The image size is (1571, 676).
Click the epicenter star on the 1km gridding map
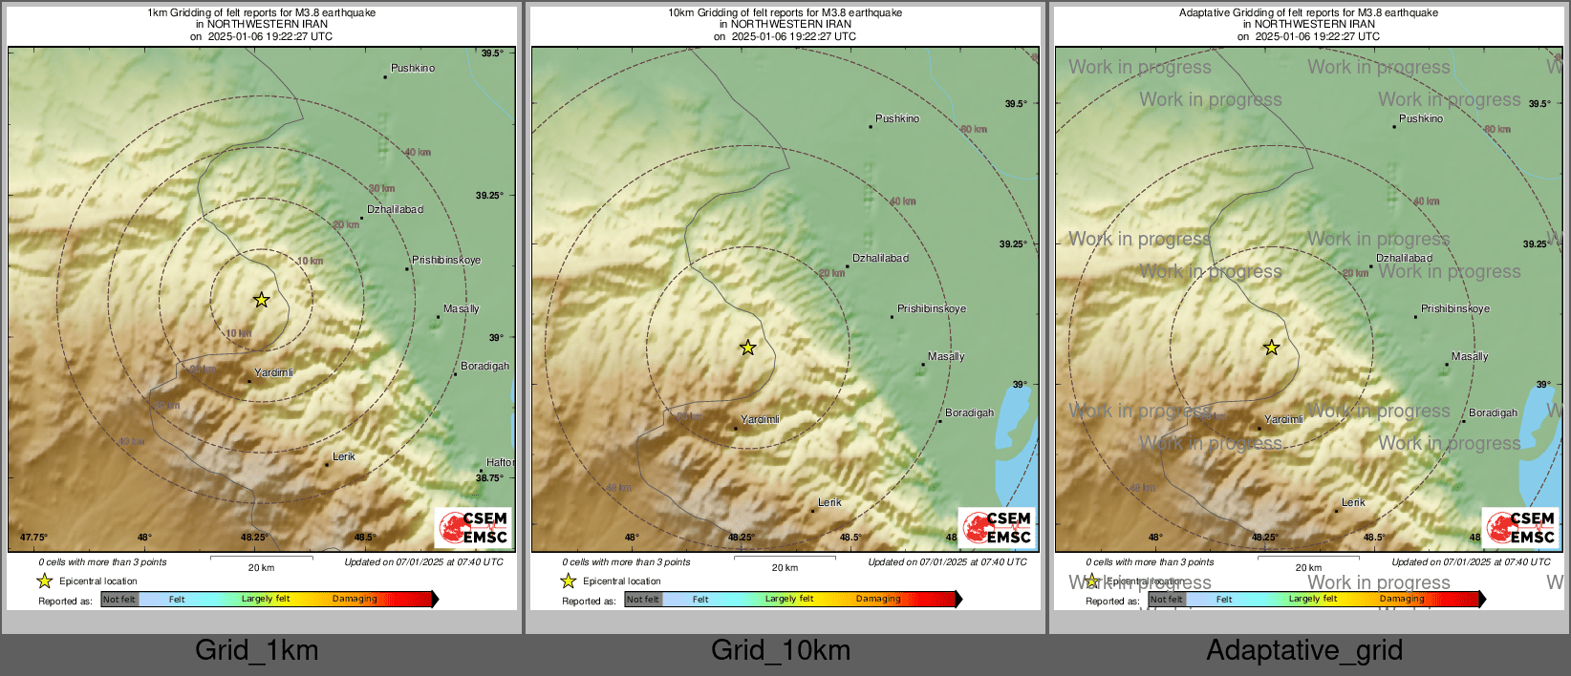(261, 300)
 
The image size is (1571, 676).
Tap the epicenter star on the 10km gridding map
(747, 348)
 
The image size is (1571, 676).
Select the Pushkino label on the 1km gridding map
(413, 69)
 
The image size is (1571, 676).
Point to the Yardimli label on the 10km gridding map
(761, 419)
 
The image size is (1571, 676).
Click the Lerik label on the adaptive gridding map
(1353, 502)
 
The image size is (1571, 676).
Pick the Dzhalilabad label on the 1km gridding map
(395, 209)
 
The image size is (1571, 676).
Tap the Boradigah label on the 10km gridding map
(969, 412)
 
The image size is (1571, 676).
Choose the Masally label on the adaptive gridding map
(1470, 356)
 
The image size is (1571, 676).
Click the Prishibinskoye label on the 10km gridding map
(931, 308)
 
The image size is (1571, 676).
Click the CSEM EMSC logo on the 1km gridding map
(474, 527)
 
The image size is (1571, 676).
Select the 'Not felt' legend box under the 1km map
(119, 600)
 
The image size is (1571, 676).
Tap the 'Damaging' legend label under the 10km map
(878, 599)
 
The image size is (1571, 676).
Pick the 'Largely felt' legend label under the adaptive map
(1312, 599)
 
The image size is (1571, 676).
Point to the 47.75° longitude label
(34, 538)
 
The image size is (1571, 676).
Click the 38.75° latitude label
(489, 477)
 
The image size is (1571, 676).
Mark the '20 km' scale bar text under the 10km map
(785, 568)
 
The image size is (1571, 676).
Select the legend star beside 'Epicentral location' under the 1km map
(44, 581)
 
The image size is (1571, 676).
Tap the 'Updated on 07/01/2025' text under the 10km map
(946, 562)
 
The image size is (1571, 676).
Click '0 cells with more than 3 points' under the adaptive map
(1150, 562)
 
